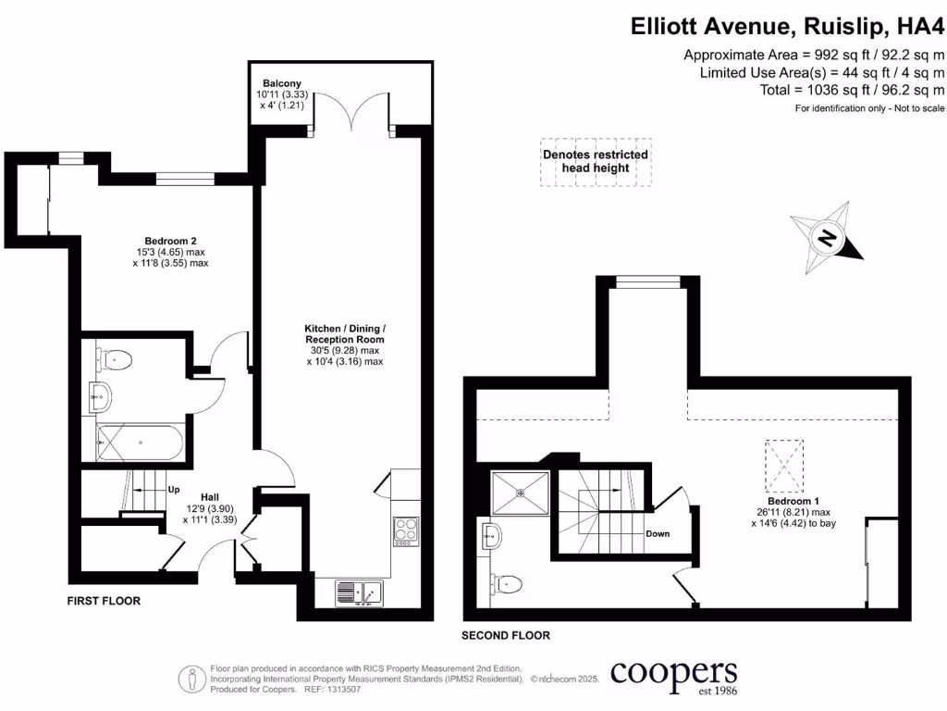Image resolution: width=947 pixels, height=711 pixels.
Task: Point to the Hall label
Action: coord(203,495)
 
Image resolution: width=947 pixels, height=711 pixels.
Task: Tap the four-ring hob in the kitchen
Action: coord(406,531)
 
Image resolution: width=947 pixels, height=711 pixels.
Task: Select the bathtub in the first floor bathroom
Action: coord(140,442)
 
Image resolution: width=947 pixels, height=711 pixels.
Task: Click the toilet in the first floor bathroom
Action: coord(116,357)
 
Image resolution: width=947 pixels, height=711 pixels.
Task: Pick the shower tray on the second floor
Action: coord(521,493)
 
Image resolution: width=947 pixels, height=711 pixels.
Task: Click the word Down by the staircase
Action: coord(658,533)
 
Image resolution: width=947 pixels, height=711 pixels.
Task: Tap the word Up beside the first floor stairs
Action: coord(173,489)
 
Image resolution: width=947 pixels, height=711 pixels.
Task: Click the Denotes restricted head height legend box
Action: coord(596,161)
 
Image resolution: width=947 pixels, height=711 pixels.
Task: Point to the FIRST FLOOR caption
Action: coord(104,601)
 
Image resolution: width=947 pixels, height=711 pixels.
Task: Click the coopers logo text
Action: coord(673,672)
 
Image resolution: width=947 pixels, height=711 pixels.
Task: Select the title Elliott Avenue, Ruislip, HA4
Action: coord(787,25)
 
